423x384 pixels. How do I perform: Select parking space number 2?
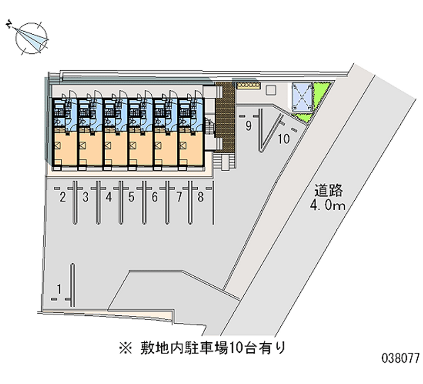tap(62, 198)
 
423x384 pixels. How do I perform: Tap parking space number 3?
tap(86, 198)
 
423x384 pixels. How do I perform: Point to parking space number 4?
tap(108, 198)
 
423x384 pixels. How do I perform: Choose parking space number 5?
tap(132, 198)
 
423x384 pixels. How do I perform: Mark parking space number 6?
tap(154, 198)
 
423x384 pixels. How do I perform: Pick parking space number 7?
tap(179, 198)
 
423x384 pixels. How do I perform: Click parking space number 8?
tap(201, 198)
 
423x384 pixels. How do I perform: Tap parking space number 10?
tap(283, 139)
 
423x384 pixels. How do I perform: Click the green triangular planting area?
tap(320, 98)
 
